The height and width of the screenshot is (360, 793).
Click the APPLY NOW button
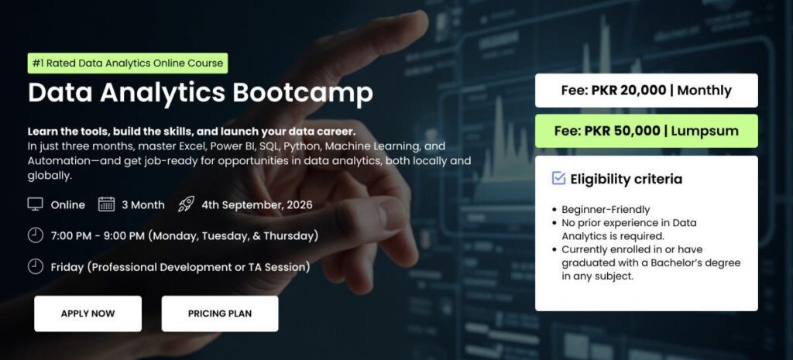pyautogui.click(x=88, y=314)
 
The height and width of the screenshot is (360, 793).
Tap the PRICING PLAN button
pyautogui.click(x=220, y=314)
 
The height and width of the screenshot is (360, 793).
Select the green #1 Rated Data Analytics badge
pyautogui.click(x=128, y=63)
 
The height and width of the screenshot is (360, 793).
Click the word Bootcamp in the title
pyautogui.click(x=303, y=93)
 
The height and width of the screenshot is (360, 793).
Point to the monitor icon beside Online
pyautogui.click(x=36, y=205)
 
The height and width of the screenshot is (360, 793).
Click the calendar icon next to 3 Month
pyautogui.click(x=106, y=204)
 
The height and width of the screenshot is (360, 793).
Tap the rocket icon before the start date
pyautogui.click(x=186, y=204)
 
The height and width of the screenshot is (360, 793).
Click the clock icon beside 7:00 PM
pyautogui.click(x=36, y=235)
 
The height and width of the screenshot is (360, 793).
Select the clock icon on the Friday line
pyautogui.click(x=36, y=266)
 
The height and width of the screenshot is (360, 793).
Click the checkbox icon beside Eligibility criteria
pyautogui.click(x=558, y=179)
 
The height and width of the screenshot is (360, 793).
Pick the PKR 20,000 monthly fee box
pyautogui.click(x=647, y=91)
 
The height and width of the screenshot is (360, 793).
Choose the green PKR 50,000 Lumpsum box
pyautogui.click(x=647, y=131)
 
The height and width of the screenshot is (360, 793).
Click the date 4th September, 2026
pyautogui.click(x=257, y=205)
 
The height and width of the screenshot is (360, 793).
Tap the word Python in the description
pyautogui.click(x=302, y=147)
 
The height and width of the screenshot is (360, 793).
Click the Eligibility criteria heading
pyautogui.click(x=626, y=179)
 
